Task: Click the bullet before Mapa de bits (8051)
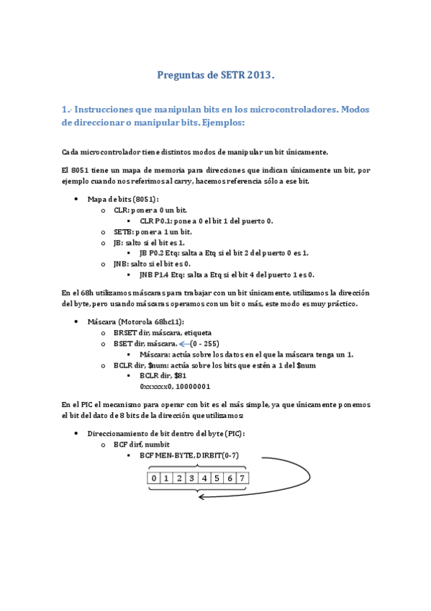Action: pos(76,198)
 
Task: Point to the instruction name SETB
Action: pos(121,232)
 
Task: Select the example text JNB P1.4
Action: pos(158,275)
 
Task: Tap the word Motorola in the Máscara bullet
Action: pos(135,321)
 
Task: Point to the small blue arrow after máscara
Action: pos(183,344)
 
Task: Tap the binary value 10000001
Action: pos(189,386)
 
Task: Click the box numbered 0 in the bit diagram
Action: pos(153,478)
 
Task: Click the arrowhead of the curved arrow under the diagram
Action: pos(202,496)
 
